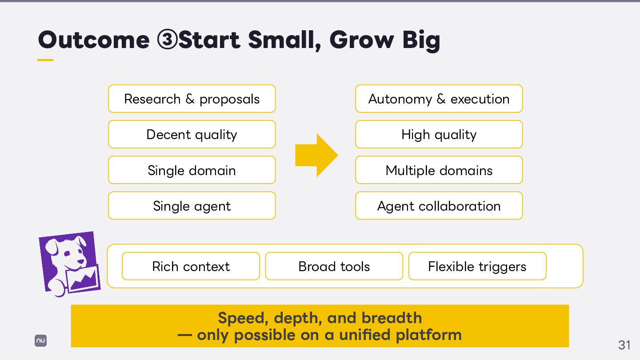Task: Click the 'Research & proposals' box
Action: [x=192, y=99]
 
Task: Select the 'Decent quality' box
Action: [x=192, y=134]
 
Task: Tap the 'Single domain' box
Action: [x=192, y=170]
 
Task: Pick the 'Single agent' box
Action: [x=192, y=206]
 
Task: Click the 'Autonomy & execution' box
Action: [x=439, y=99]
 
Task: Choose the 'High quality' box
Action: [x=439, y=134]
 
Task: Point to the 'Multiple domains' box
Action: [x=439, y=170]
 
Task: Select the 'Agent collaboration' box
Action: [x=439, y=206]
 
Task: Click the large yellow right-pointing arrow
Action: [x=316, y=155]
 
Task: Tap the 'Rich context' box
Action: [x=191, y=266]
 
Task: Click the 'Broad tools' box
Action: [x=334, y=266]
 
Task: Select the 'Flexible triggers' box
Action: [x=477, y=266]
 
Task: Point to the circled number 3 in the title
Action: [x=167, y=40]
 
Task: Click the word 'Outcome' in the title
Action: [x=94, y=40]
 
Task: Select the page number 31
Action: [x=624, y=345]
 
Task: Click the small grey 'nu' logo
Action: [x=40, y=340]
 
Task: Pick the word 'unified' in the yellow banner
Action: [x=364, y=335]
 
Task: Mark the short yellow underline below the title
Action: [x=45, y=60]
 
